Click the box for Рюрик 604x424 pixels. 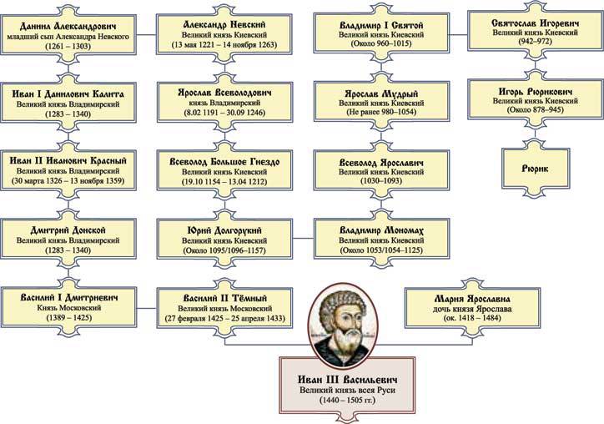535,167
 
